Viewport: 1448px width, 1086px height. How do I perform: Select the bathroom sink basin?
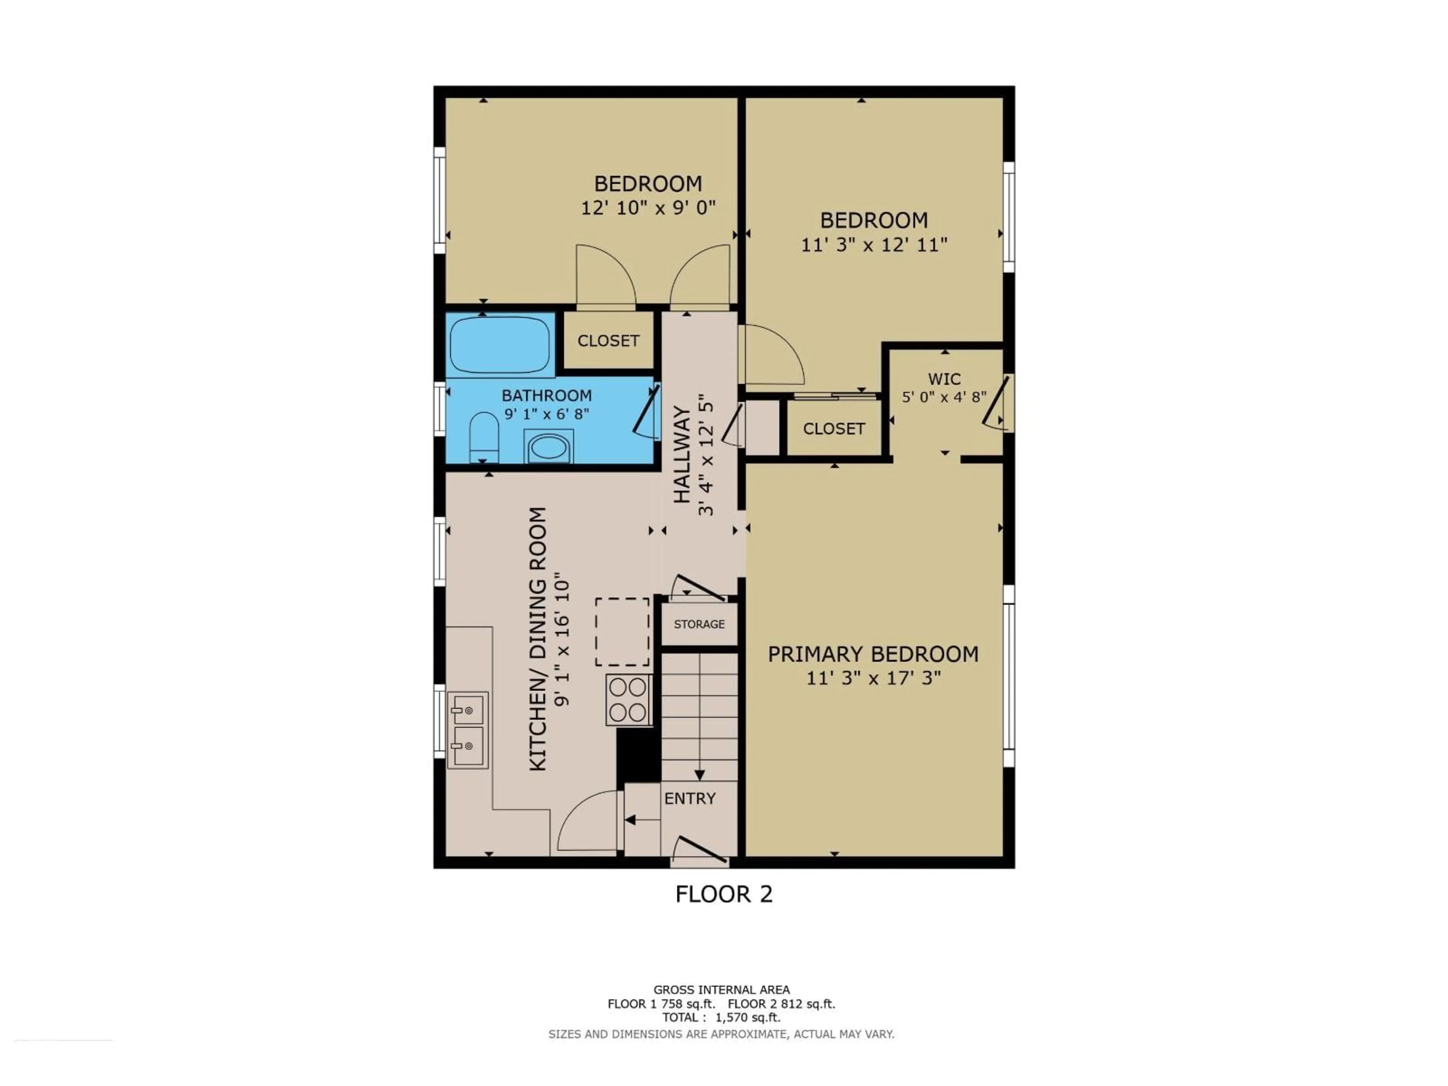pyautogui.click(x=549, y=448)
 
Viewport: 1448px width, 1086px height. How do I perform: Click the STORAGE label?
pyautogui.click(x=699, y=624)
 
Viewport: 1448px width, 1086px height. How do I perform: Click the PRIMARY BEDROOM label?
pyautogui.click(x=873, y=654)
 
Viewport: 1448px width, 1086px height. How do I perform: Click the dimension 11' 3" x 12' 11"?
pyautogui.click(x=874, y=245)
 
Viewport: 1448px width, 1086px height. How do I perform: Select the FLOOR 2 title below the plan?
pyautogui.click(x=724, y=894)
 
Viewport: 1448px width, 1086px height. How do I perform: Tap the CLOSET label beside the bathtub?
pyautogui.click(x=608, y=341)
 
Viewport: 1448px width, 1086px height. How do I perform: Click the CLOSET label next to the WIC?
pyautogui.click(x=833, y=429)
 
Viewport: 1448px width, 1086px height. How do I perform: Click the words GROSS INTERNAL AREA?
pyautogui.click(x=721, y=990)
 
